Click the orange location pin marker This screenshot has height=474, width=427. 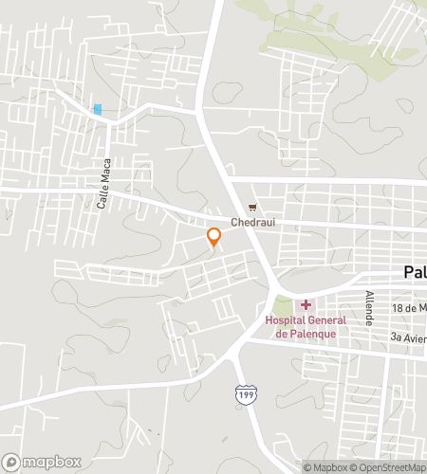click(x=213, y=237)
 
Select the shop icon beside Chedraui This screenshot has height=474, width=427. click(x=252, y=208)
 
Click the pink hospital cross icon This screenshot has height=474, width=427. click(x=306, y=304)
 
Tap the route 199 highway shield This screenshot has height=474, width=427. click(x=246, y=393)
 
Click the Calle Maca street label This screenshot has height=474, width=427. click(x=105, y=183)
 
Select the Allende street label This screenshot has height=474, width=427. click(x=370, y=309)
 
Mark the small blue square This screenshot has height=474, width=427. click(x=97, y=109)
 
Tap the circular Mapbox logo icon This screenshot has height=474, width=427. click(x=11, y=462)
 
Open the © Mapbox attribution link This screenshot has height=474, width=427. click(x=326, y=466)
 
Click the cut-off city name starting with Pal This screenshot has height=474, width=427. click(x=415, y=272)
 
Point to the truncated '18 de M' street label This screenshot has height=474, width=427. click(x=409, y=310)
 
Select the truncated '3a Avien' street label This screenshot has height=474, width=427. click(x=408, y=337)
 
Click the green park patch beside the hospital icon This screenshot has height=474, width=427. click(x=281, y=306)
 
